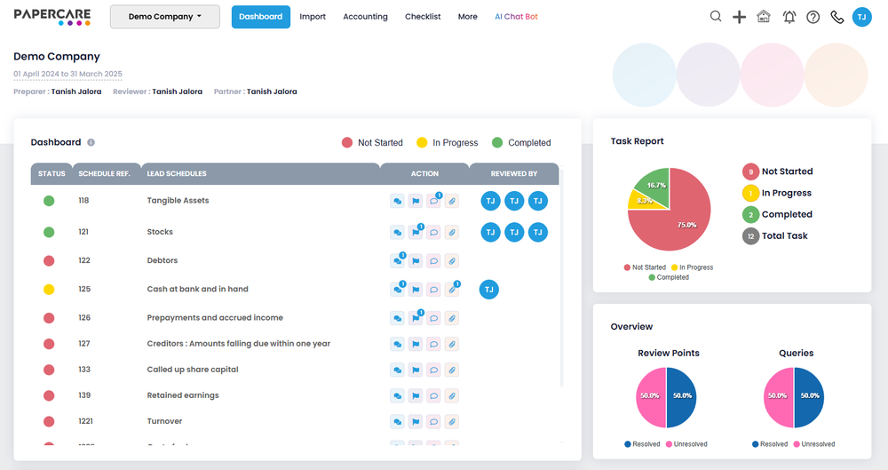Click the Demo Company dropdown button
tap(164, 17)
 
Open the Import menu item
tap(313, 17)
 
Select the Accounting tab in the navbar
tap(365, 17)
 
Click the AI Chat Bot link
tap(516, 17)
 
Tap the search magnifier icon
tap(716, 17)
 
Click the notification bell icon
tap(789, 17)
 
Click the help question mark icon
tap(813, 17)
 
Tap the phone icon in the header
tap(836, 17)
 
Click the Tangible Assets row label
tap(178, 201)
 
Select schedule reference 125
tap(84, 290)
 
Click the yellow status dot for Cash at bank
tap(49, 290)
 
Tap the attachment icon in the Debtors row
tap(452, 261)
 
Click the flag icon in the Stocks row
tap(415, 233)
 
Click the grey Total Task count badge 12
tap(750, 236)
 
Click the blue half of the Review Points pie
tap(681, 396)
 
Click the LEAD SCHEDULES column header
tap(177, 174)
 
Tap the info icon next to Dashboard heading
tap(91, 142)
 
